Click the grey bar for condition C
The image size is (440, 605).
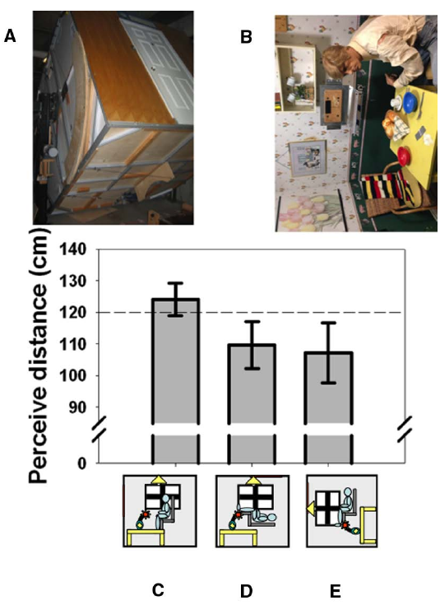[x=175, y=362]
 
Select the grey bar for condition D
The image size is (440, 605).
[x=252, y=387]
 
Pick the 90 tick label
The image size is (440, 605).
[x=77, y=407]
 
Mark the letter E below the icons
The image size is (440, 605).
[x=329, y=590]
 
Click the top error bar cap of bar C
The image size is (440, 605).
[x=175, y=283]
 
